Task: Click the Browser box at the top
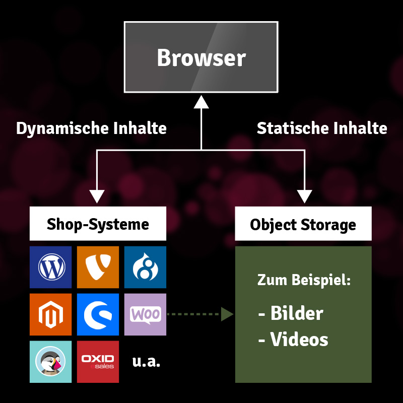(201, 57)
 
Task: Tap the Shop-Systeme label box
(98, 224)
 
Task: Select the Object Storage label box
(303, 224)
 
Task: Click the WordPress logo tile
(50, 267)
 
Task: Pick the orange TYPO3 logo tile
(98, 267)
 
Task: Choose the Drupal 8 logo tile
(145, 267)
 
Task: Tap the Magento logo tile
(50, 314)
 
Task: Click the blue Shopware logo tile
(98, 314)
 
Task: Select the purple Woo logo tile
(145, 314)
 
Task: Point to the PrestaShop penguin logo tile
(50, 362)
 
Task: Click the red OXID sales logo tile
(98, 362)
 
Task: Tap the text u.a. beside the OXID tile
(146, 362)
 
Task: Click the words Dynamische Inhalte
(91, 128)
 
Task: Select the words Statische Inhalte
(322, 128)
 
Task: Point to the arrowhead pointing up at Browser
(201, 101)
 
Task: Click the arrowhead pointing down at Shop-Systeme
(97, 196)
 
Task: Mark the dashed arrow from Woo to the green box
(199, 315)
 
